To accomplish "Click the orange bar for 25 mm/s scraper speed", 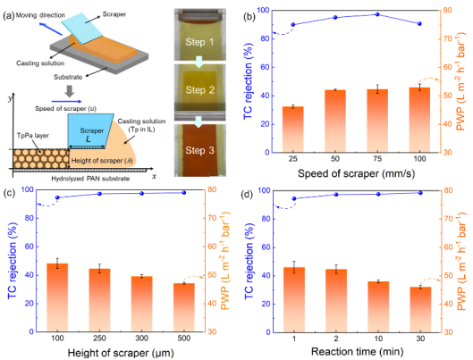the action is click(x=293, y=130).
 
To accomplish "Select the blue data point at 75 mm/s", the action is click(x=377, y=14).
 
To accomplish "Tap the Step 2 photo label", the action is click(x=199, y=89).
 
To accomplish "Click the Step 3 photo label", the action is click(x=199, y=150).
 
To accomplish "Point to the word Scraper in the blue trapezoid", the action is click(x=92, y=130).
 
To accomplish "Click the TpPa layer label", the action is click(x=33, y=136).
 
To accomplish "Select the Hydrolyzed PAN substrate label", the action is click(x=90, y=179).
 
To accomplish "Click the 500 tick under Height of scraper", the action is click(x=183, y=339).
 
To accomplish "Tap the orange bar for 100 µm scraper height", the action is click(x=57, y=297).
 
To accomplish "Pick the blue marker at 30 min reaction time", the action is click(x=420, y=193).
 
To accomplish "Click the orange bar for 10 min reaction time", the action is click(x=378, y=306).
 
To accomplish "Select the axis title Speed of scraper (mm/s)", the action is click(x=356, y=173).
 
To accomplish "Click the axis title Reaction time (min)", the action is click(x=357, y=352).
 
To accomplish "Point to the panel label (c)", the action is click(x=9, y=193).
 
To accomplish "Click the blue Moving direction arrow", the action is click(x=52, y=29).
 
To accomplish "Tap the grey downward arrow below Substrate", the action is click(x=70, y=91).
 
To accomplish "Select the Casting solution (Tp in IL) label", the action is click(x=141, y=125).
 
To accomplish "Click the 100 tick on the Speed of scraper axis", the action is click(x=419, y=159).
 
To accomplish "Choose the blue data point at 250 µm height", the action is click(x=99, y=194).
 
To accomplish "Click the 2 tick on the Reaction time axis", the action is click(x=336, y=339).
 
